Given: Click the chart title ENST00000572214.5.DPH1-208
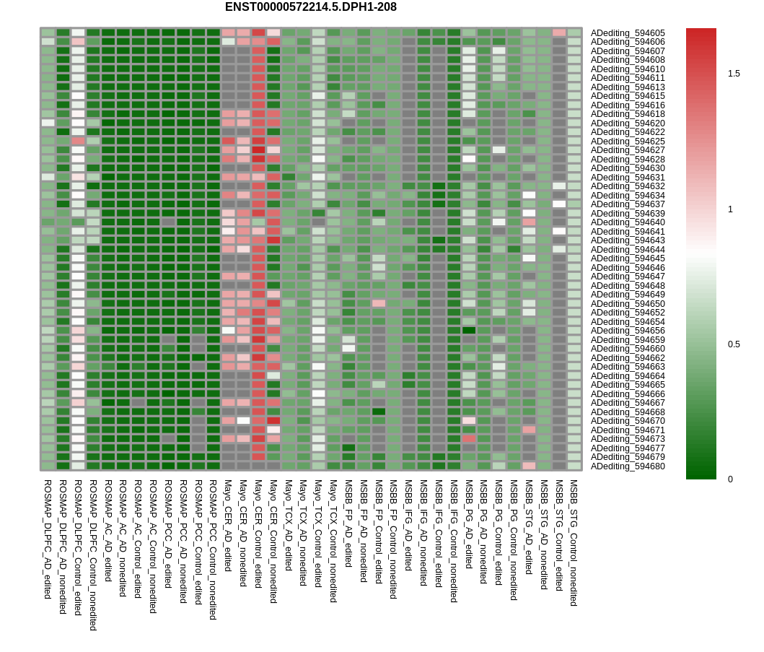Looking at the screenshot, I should [x=310, y=7].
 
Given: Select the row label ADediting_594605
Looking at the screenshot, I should [x=628, y=33].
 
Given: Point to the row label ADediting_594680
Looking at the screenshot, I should [x=628, y=466].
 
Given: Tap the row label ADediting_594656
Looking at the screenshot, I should [x=628, y=331].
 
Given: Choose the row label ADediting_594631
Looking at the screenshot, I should [x=628, y=178].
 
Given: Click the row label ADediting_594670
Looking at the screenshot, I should [x=628, y=421].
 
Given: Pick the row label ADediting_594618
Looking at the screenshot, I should [x=628, y=114].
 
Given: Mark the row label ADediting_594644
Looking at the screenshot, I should [x=628, y=250].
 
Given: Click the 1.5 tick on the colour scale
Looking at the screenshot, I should [x=734, y=74].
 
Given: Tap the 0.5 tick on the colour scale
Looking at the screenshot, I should [x=734, y=344].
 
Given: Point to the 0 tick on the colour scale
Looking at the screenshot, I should [x=731, y=479].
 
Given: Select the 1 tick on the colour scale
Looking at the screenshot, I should [x=731, y=209].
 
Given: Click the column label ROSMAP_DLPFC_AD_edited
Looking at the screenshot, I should [x=48, y=539].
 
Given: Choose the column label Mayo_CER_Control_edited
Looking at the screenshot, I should [x=258, y=534].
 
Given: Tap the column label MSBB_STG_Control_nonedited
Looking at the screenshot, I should [x=574, y=542].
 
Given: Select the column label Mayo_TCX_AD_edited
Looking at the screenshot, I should [x=289, y=525].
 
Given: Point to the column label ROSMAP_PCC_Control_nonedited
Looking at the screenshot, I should [x=213, y=549].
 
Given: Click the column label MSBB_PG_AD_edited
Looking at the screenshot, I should [x=469, y=523].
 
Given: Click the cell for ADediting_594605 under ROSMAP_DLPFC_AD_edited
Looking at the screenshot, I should [x=48, y=33].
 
